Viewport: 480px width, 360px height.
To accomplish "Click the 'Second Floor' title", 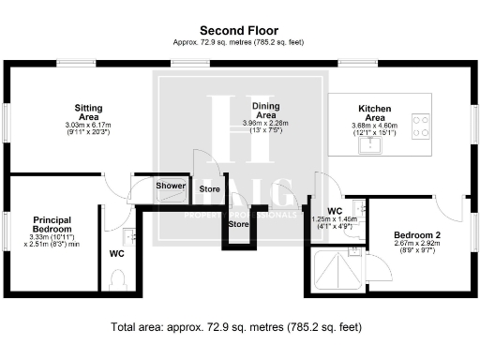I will click(x=239, y=30).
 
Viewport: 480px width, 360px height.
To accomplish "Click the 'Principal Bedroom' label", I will click(x=52, y=223).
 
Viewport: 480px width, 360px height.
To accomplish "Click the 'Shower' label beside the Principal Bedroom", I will click(x=171, y=186).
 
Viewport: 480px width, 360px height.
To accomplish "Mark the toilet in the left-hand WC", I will click(x=117, y=280).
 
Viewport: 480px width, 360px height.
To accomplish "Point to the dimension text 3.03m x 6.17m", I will click(x=88, y=125).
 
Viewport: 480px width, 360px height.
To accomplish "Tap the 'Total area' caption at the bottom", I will click(x=239, y=327).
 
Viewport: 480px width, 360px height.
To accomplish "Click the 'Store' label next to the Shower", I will click(x=209, y=189).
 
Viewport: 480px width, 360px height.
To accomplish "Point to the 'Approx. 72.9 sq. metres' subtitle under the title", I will click(x=239, y=42).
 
